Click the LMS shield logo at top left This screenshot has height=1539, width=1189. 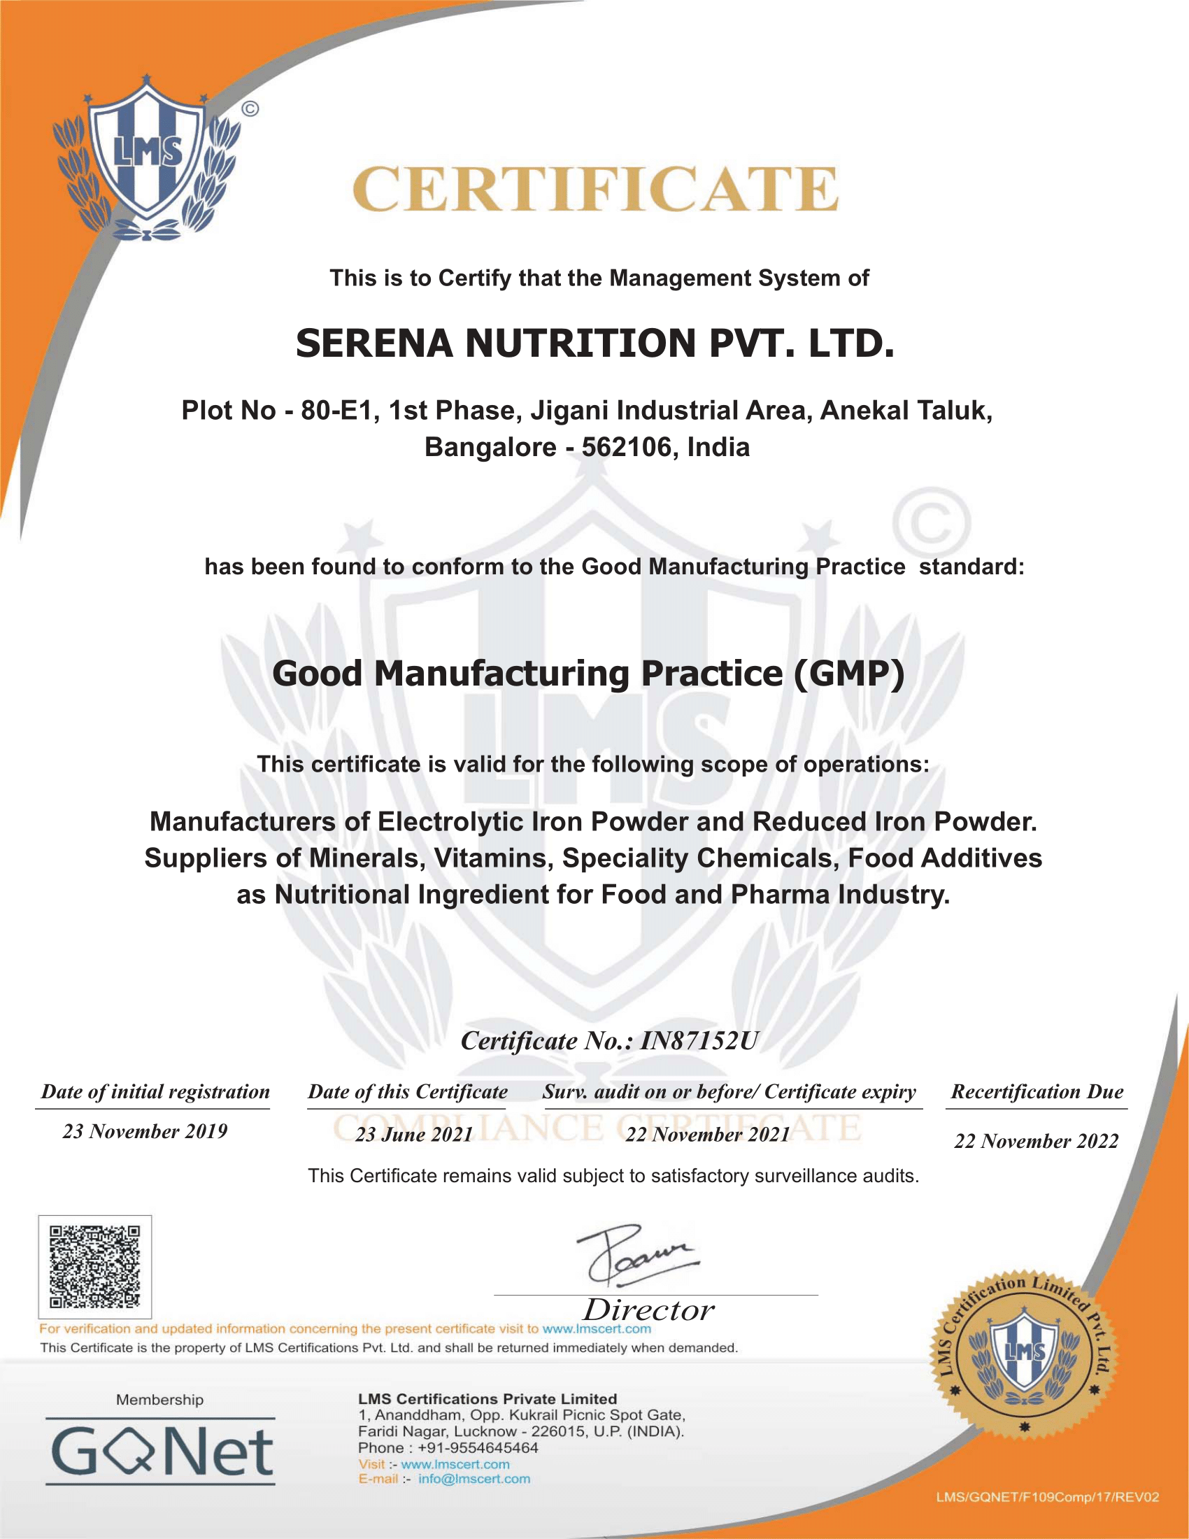[147, 159]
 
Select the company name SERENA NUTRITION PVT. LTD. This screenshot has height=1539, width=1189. [595, 344]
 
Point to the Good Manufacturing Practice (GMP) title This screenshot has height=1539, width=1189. [588, 674]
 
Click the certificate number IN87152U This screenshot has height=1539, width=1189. [698, 1041]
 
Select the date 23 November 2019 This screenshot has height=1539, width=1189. [145, 1132]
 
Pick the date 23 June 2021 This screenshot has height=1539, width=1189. [413, 1135]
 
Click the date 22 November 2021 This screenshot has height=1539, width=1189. [707, 1135]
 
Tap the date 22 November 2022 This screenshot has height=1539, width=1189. [1036, 1142]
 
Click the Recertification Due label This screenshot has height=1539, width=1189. [1037, 1091]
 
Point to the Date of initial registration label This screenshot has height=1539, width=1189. [155, 1091]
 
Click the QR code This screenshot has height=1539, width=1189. [94, 1266]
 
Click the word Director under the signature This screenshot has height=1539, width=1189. [648, 1311]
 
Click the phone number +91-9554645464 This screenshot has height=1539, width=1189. [478, 1448]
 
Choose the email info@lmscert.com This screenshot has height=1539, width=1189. [474, 1479]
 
